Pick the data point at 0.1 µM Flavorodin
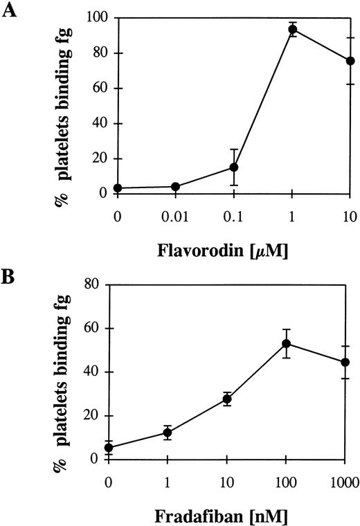click(x=234, y=167)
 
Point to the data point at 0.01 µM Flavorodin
click(x=175, y=186)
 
